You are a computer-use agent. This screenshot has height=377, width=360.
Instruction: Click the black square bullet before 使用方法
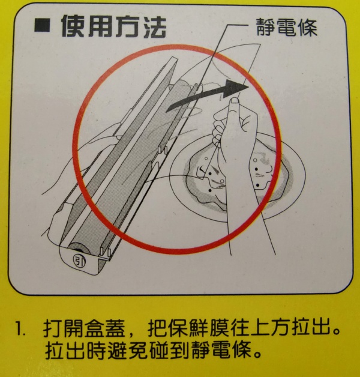pos(42,26)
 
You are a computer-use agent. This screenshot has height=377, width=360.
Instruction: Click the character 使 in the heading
pos(73,26)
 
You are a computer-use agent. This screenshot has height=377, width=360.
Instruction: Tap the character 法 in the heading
pos(155,26)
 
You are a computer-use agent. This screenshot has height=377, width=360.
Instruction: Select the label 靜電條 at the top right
pos(287,27)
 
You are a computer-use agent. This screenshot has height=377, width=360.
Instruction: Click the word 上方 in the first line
pos(271,328)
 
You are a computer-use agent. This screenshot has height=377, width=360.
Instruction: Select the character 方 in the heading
pos(127,26)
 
